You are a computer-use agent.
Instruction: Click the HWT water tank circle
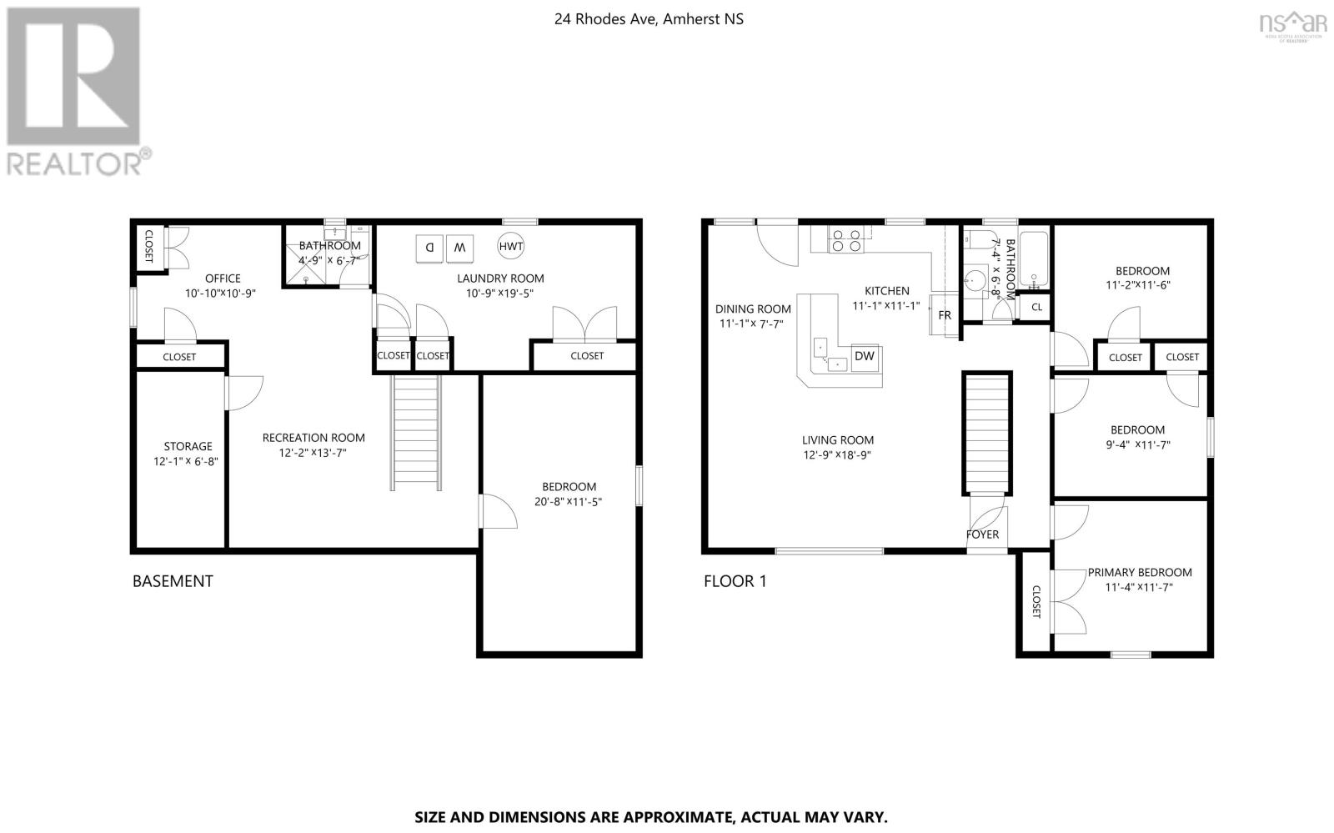pyautogui.click(x=511, y=246)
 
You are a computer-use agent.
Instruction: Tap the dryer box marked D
pyautogui.click(x=429, y=248)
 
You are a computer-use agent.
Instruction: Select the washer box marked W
pyautogui.click(x=459, y=248)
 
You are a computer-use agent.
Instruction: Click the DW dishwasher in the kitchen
pyautogui.click(x=865, y=357)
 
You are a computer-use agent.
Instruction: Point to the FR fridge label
pyautogui.click(x=945, y=315)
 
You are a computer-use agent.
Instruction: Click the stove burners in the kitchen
pyautogui.click(x=846, y=239)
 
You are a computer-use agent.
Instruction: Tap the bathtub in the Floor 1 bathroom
pyautogui.click(x=1034, y=260)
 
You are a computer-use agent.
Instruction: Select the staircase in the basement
pyautogui.click(x=416, y=433)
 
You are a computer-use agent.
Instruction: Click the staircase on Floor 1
pyautogui.click(x=987, y=433)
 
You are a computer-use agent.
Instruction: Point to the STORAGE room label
pyautogui.click(x=188, y=446)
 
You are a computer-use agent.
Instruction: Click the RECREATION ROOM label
pyautogui.click(x=313, y=438)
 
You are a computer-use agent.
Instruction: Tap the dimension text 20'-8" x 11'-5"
pyautogui.click(x=568, y=501)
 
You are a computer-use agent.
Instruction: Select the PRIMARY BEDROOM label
pyautogui.click(x=1140, y=572)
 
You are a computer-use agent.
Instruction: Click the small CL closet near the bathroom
pyautogui.click(x=1037, y=307)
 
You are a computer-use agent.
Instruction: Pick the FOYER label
pyautogui.click(x=983, y=534)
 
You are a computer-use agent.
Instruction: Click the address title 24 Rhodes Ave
pyautogui.click(x=649, y=19)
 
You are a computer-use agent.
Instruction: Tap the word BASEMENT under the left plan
pyautogui.click(x=173, y=581)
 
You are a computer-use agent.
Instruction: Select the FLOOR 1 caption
pyautogui.click(x=735, y=581)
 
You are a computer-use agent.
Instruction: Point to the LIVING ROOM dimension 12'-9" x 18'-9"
pyautogui.click(x=837, y=455)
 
